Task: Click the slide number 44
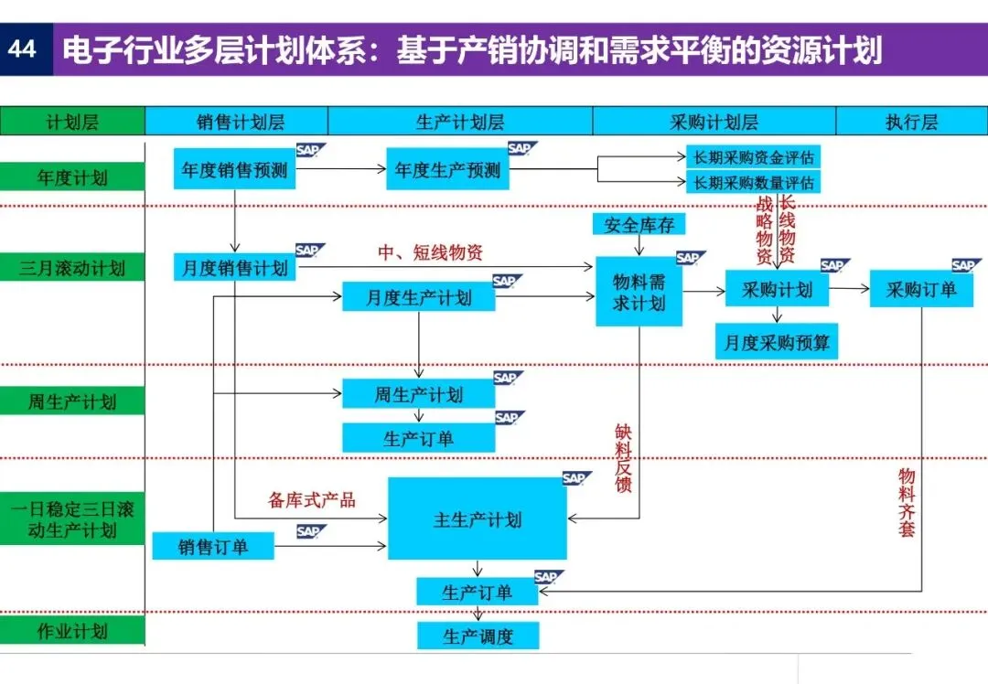[x=22, y=48]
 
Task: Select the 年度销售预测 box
[x=235, y=170]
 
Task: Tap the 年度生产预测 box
[x=448, y=170]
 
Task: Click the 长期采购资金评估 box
[x=754, y=156]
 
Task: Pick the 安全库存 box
[x=639, y=224]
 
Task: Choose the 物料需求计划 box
[x=639, y=292]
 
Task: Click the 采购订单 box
[x=921, y=290]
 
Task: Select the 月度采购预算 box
[x=778, y=343]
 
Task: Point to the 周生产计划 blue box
[x=419, y=395]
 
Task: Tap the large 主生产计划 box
[x=478, y=519]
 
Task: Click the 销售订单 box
[x=213, y=547]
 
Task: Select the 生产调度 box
[x=478, y=636]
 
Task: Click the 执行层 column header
[x=911, y=122]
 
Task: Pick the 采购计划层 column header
[x=714, y=122]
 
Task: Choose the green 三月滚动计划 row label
[x=72, y=269]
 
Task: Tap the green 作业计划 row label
[x=72, y=632]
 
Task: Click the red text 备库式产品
[x=312, y=500]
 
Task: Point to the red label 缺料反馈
[x=624, y=457]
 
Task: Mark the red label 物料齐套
[x=907, y=502]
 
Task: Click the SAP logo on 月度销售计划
[x=307, y=251]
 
